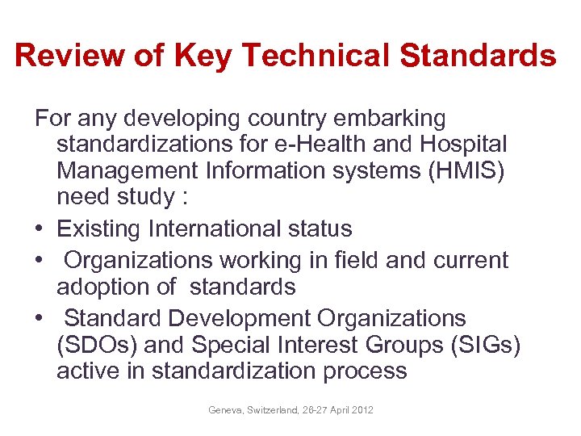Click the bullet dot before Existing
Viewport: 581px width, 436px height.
pos(40,229)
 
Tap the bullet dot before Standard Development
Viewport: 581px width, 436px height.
pos(40,318)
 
